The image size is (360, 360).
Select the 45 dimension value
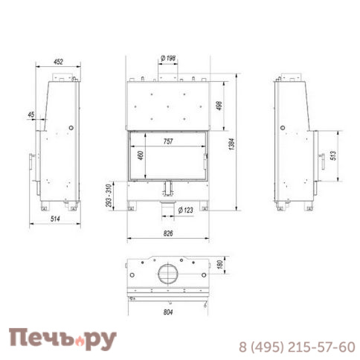coord(30,115)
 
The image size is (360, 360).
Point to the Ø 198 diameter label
coord(167,58)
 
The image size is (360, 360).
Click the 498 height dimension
coord(219,106)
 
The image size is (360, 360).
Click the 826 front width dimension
coord(167,234)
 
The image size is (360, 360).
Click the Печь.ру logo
coord(62,339)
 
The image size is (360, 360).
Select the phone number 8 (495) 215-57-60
coord(296,347)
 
